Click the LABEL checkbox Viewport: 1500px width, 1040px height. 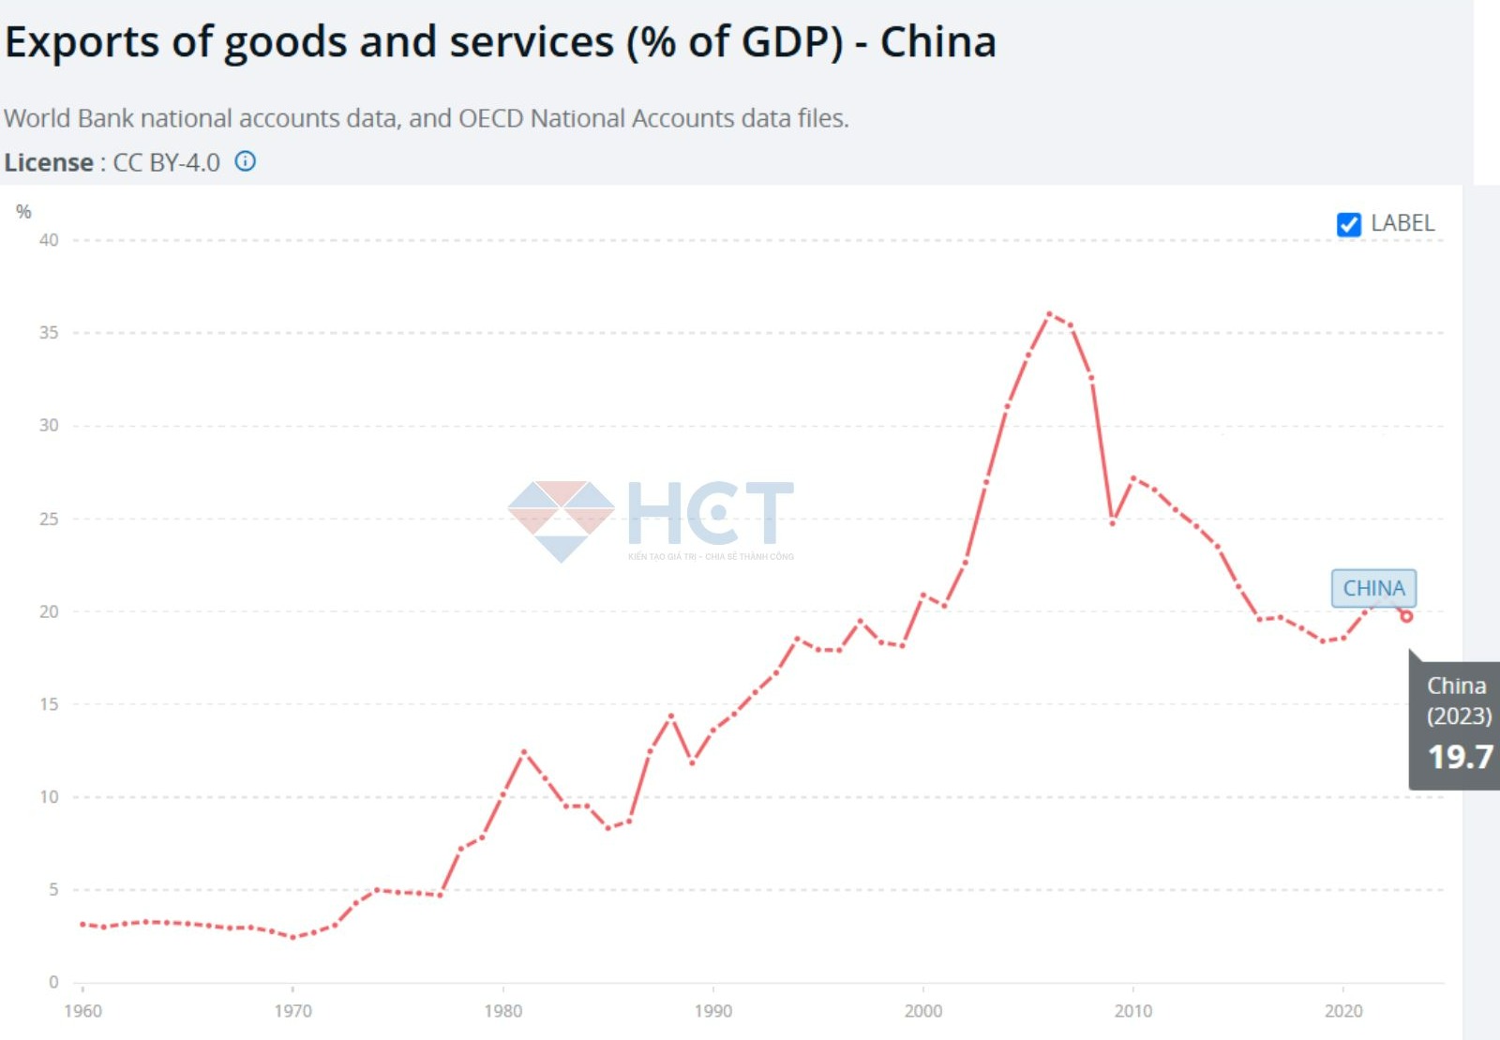[1348, 224]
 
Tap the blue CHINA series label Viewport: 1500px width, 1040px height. [1373, 588]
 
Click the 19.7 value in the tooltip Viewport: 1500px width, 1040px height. [1460, 757]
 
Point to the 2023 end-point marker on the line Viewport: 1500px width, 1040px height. [1406, 616]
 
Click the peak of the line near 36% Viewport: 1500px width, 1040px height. [1049, 314]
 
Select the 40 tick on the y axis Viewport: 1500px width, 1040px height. [49, 240]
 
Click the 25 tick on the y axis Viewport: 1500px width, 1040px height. [49, 519]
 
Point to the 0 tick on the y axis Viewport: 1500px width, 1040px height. [53, 982]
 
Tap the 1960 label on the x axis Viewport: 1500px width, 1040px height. [82, 1011]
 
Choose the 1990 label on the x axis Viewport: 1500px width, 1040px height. [712, 1011]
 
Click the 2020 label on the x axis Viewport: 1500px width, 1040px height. [1342, 1011]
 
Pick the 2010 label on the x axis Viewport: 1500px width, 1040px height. [1132, 1011]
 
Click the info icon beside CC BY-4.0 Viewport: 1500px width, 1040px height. [245, 161]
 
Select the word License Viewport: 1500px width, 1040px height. [48, 162]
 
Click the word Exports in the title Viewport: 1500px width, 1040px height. [82, 42]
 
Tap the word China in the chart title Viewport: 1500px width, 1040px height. [937, 42]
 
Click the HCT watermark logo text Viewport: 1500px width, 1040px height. [710, 513]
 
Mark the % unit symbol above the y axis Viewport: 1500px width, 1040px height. [23, 212]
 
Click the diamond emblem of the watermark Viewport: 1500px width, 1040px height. [561, 520]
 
